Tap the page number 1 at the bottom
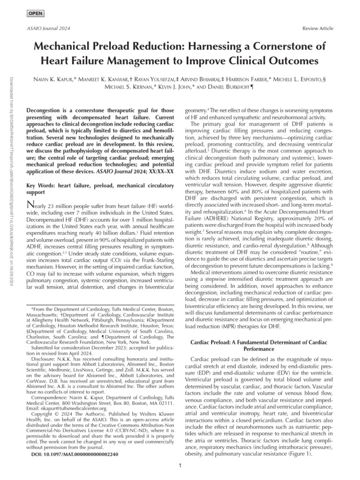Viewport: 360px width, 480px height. point(180,469)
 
